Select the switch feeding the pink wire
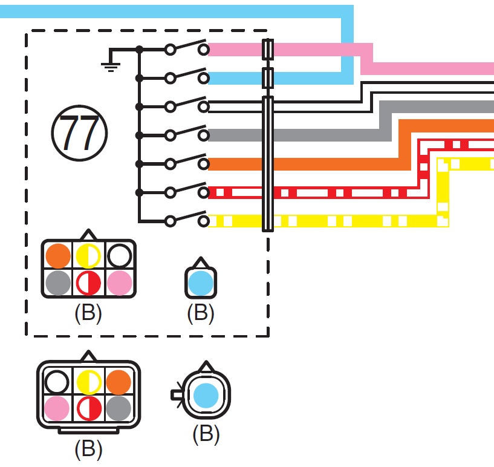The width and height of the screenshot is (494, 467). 187,49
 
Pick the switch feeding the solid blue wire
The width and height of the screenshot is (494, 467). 187,77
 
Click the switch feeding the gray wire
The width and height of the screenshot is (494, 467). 187,134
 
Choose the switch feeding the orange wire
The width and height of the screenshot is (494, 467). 187,162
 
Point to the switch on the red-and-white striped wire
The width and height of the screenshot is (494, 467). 187,191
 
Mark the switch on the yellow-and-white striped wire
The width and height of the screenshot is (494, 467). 187,220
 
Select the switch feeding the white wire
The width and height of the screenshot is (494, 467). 187,105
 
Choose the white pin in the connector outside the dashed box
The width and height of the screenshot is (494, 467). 57,382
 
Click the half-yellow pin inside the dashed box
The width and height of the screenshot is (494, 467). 88,256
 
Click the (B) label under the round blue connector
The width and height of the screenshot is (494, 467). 206,434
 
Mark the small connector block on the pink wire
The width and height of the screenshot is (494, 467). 268,49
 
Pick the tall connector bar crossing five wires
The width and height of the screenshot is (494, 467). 268,163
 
